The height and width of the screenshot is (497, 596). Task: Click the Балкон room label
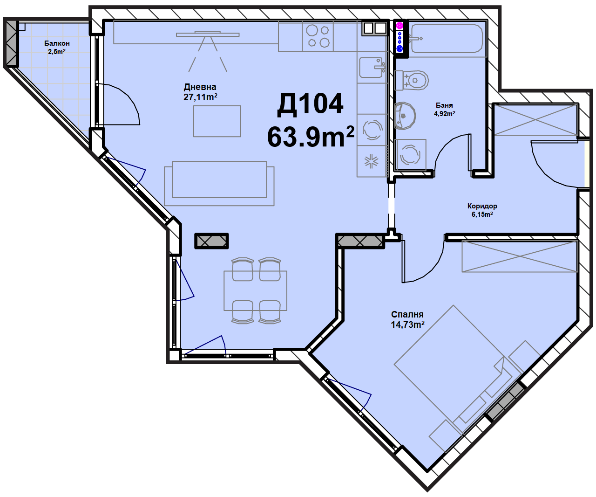point(57,43)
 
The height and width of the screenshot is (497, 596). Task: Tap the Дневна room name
point(200,87)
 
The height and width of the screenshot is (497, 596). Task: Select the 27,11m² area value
point(200,97)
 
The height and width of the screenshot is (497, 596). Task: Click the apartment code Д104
point(310,104)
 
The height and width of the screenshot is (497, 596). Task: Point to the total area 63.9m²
point(311,137)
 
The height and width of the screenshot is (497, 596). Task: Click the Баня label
point(444,105)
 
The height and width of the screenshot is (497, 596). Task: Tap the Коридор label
point(482,206)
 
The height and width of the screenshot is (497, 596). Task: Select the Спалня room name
point(407,314)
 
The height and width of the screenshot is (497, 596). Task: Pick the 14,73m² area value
point(407,324)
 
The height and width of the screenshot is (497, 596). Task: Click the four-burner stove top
point(318,36)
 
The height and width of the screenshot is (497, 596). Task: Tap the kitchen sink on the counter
point(372,68)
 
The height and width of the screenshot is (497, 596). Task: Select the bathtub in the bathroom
point(447,39)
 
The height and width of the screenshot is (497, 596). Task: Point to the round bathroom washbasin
point(405,116)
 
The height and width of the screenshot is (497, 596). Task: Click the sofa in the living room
point(219,183)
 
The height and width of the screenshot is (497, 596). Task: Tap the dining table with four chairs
point(256,290)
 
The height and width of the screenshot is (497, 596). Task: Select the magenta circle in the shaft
point(400,26)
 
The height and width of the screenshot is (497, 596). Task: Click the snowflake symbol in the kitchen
point(372,161)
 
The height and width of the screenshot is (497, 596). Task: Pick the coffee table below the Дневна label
point(217,121)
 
